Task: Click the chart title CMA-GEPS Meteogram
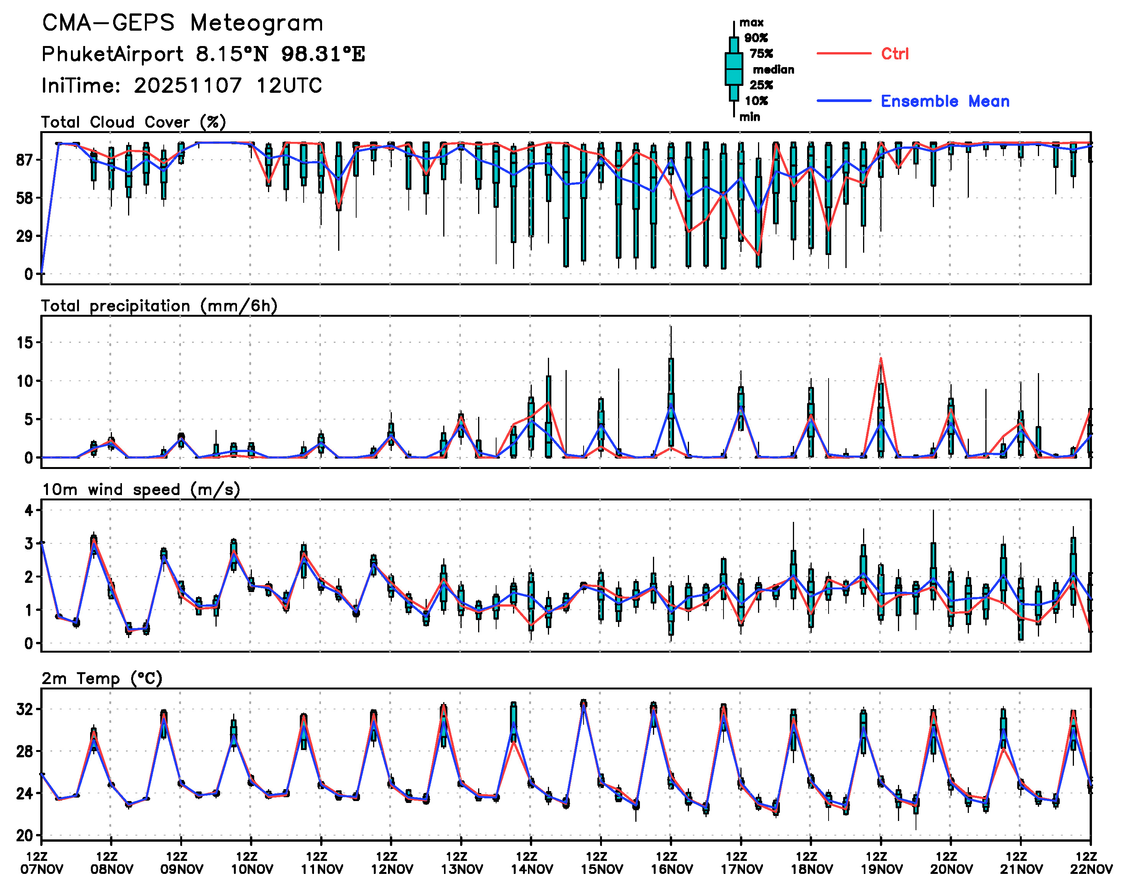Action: [x=183, y=23]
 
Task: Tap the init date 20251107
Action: [x=187, y=86]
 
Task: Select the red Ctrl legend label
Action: [x=894, y=54]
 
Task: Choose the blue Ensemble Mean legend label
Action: [x=945, y=101]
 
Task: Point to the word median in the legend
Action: [x=773, y=70]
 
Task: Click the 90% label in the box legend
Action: [x=755, y=38]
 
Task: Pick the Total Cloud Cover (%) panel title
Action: [x=133, y=122]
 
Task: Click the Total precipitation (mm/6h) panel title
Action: [x=159, y=306]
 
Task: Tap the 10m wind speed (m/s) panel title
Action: [x=141, y=490]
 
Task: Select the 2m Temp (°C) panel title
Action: [x=102, y=678]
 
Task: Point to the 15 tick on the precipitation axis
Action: [x=25, y=343]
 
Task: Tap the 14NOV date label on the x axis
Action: [x=531, y=869]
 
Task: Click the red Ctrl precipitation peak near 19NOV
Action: [x=881, y=358]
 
